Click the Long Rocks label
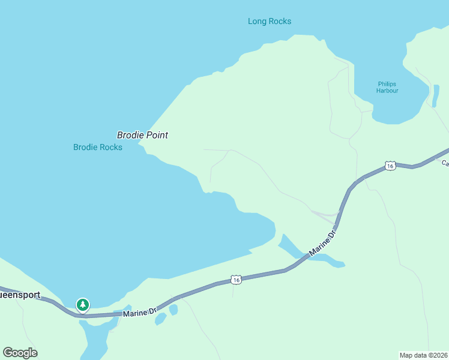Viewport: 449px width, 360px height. [x=270, y=22]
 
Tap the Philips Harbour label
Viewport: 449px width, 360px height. [x=387, y=87]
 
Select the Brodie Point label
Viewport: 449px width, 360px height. [x=142, y=135]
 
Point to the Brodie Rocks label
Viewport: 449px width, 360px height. [x=98, y=147]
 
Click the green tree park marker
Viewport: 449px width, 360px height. [x=83, y=305]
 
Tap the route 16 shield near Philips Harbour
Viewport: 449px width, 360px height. [x=390, y=166]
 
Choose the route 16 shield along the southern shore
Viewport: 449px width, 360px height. [x=237, y=280]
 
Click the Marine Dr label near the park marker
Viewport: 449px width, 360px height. [x=139, y=312]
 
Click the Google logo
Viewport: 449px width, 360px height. [x=20, y=353]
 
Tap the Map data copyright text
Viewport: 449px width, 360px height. [x=424, y=355]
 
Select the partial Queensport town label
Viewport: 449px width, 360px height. [x=20, y=295]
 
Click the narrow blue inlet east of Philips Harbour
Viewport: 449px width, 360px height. [x=435, y=96]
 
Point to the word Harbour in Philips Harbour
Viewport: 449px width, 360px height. [x=387, y=91]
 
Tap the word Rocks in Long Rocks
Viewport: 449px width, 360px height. [x=280, y=22]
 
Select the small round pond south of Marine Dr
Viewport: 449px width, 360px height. [x=173, y=310]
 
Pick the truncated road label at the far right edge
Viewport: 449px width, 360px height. [x=445, y=163]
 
